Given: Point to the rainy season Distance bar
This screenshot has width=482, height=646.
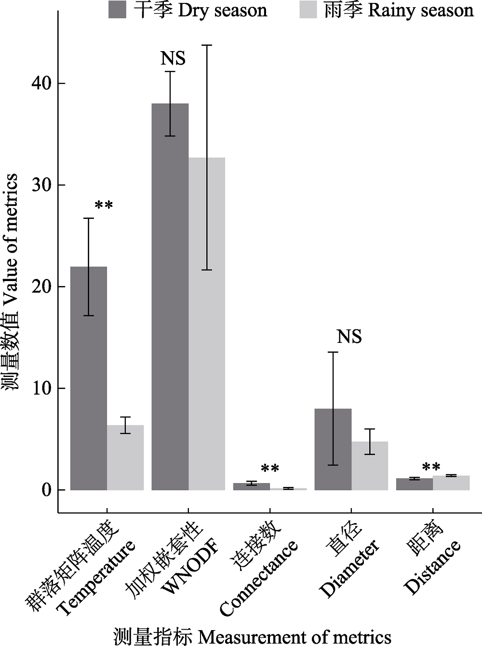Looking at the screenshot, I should tap(451, 483).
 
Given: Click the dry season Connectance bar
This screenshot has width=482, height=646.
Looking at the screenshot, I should tap(252, 486).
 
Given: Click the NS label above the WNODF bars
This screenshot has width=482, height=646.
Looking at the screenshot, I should tap(173, 59).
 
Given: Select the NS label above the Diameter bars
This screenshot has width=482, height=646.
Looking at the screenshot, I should tap(349, 336).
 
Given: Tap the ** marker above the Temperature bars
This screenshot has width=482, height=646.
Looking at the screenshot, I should tap(104, 206).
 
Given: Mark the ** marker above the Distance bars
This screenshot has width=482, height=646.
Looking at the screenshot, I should tap(431, 467).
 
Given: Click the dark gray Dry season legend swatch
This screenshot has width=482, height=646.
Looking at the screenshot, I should tap(117, 10).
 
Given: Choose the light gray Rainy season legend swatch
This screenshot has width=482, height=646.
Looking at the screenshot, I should tap(308, 10).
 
